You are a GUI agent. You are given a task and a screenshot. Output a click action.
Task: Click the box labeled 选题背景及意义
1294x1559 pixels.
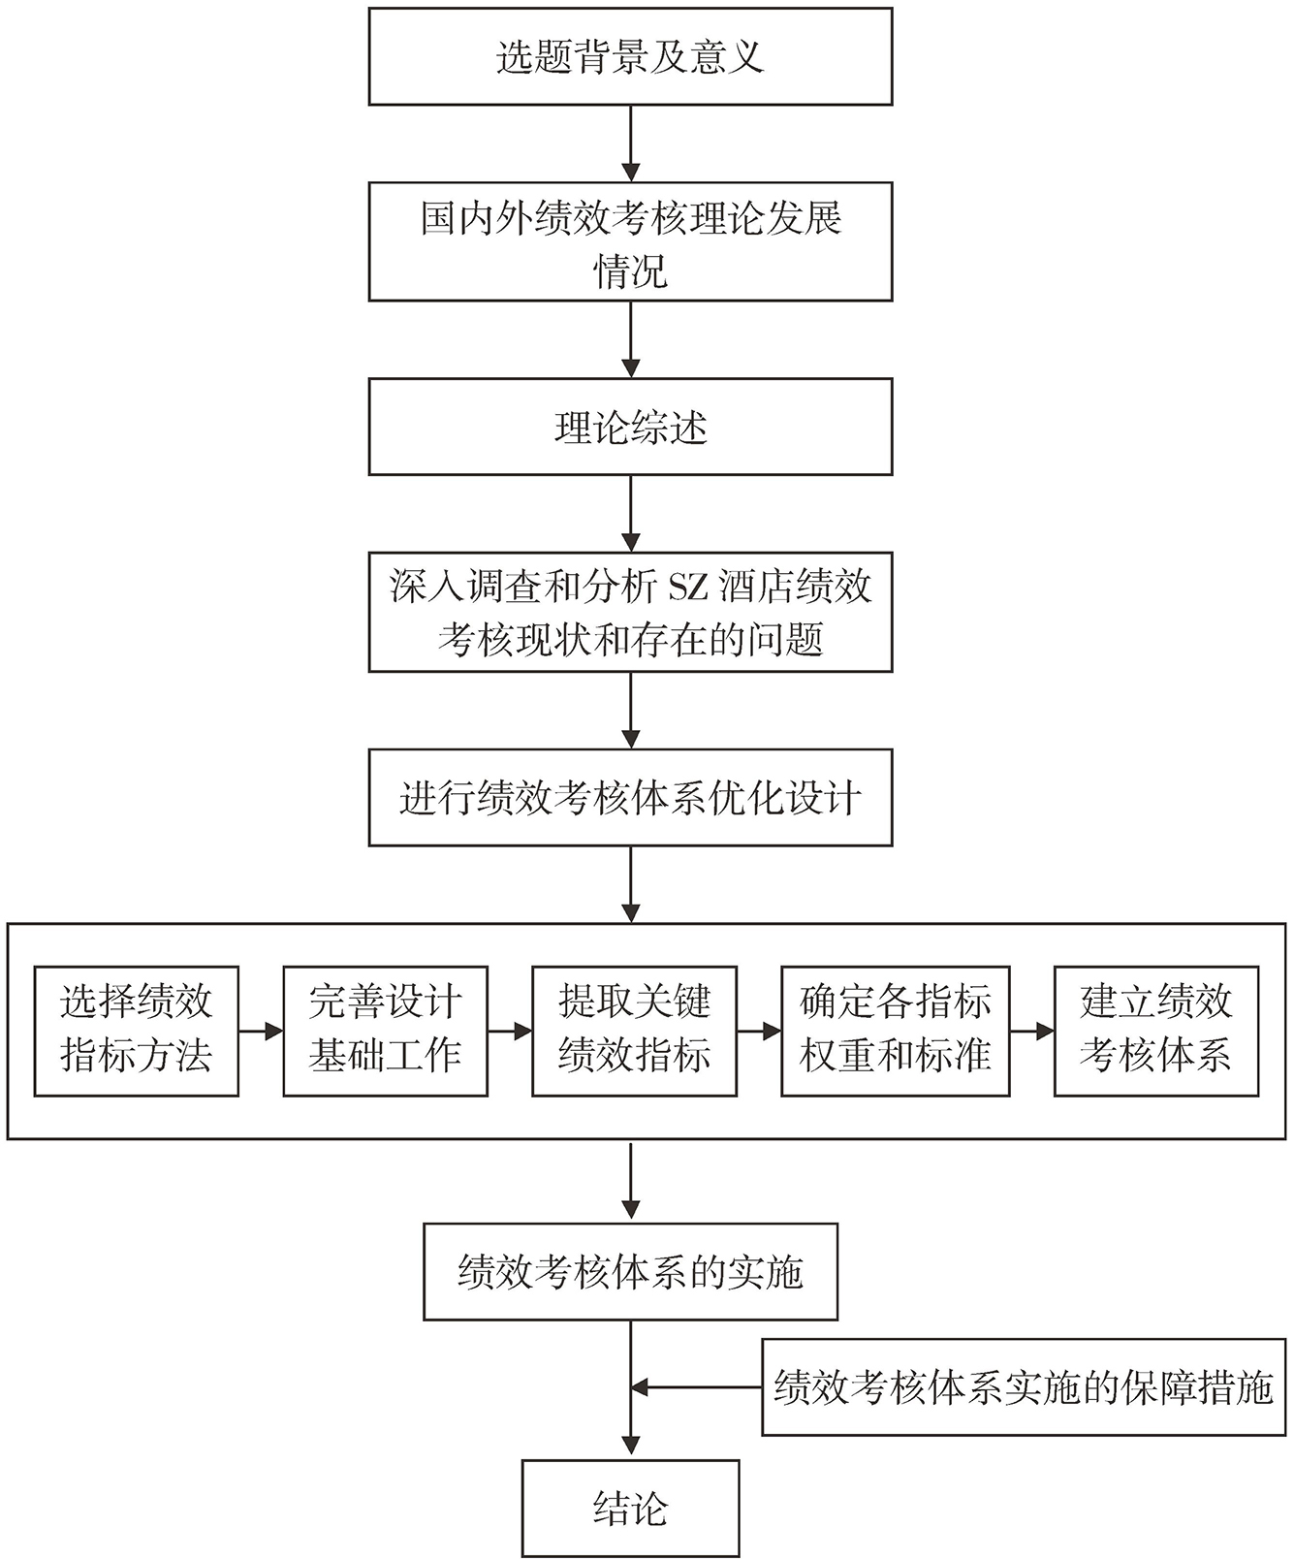630,56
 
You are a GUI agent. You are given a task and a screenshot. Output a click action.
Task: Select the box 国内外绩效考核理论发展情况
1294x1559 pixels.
630,242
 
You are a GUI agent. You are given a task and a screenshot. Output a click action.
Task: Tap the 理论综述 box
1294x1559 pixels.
630,427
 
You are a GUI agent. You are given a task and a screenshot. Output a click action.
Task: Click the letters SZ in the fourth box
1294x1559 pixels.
690,587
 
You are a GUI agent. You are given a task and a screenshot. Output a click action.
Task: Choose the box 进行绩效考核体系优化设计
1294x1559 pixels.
630,797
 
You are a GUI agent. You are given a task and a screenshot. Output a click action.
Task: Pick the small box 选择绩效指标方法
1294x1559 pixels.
136,1030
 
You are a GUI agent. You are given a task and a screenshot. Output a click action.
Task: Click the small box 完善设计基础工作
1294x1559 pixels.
385,1030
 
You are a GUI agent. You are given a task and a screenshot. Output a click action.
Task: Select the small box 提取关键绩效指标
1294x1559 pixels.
634,1030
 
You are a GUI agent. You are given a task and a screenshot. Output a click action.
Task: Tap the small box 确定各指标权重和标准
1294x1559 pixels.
895,1030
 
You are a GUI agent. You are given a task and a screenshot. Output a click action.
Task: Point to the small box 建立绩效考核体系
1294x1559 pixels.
1155,1030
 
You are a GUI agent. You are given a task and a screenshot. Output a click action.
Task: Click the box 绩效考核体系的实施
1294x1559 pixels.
630,1271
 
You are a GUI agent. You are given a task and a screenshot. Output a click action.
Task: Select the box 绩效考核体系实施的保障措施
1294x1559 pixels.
1023,1387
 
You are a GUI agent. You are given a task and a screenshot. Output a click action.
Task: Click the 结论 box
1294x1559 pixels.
630,1508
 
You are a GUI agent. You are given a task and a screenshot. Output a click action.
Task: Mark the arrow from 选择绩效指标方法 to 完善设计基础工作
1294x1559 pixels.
261,1032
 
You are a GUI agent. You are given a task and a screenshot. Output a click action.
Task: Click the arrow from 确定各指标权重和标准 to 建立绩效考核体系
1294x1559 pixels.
1032,1032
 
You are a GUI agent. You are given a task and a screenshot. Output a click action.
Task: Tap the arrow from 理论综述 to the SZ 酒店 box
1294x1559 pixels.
631,514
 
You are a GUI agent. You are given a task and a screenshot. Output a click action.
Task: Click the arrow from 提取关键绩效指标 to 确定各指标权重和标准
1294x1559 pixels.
759,1032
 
